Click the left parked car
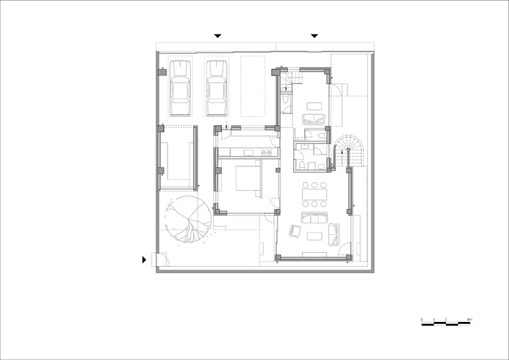(181, 88)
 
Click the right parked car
(216, 88)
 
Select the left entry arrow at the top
(217, 36)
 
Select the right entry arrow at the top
(314, 36)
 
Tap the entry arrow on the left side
(144, 259)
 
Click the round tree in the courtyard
(185, 219)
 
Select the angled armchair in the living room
(295, 232)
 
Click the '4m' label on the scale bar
(470, 319)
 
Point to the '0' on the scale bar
(421, 319)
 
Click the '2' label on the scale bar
(445, 319)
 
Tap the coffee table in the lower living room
(315, 236)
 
